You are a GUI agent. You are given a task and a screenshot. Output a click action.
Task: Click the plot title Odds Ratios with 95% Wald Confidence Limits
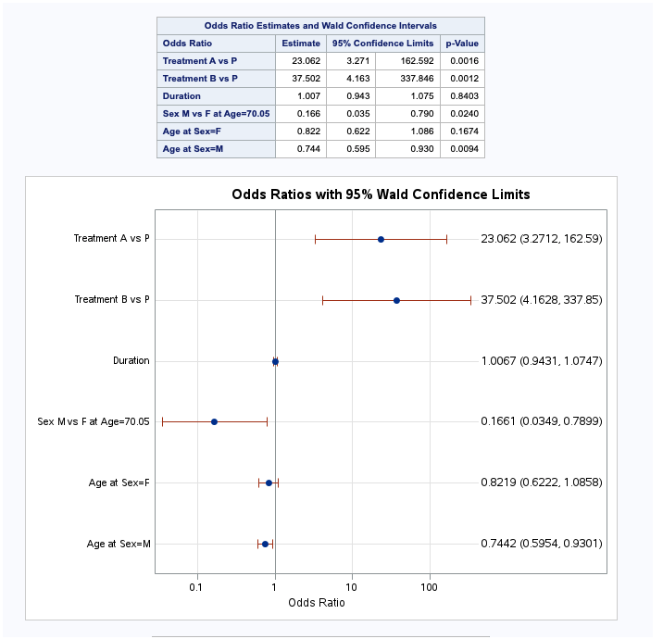click(381, 194)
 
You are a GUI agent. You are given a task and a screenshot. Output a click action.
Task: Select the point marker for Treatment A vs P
click(381, 239)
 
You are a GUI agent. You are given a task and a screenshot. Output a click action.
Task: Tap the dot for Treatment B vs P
click(396, 300)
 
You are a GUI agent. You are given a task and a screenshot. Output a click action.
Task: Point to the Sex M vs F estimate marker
click(214, 421)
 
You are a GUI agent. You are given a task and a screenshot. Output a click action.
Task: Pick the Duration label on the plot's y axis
click(131, 360)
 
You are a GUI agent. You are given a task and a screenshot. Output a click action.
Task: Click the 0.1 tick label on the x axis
click(196, 587)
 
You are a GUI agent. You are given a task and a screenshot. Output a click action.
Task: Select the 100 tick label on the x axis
click(429, 587)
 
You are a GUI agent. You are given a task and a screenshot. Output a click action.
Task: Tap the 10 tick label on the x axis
click(352, 587)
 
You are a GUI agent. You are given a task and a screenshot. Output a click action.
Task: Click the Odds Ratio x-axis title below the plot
click(317, 603)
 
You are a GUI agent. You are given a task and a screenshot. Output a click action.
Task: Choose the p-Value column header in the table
click(462, 43)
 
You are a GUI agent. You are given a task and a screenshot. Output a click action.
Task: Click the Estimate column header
click(301, 43)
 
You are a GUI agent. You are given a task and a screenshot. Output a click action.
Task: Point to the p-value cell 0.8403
click(462, 96)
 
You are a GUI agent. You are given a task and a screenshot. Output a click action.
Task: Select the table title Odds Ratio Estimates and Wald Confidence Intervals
click(320, 26)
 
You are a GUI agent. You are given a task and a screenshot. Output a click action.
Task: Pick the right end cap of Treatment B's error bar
click(470, 300)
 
